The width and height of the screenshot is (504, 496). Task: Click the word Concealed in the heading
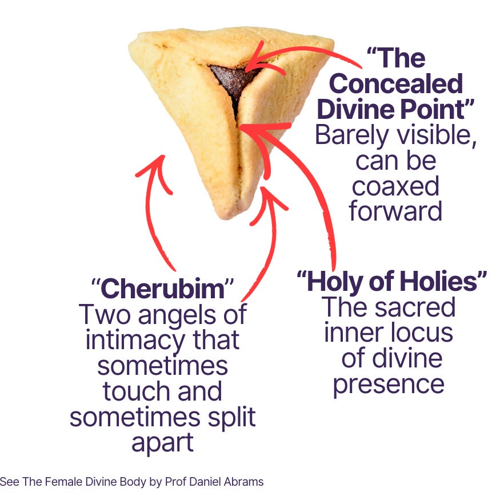pyautogui.click(x=395, y=83)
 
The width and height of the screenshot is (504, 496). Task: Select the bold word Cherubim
pyautogui.click(x=162, y=290)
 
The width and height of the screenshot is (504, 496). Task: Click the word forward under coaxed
pyautogui.click(x=395, y=211)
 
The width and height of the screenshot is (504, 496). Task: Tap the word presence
pyautogui.click(x=389, y=383)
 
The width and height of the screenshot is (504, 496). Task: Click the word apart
pyautogui.click(x=162, y=443)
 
